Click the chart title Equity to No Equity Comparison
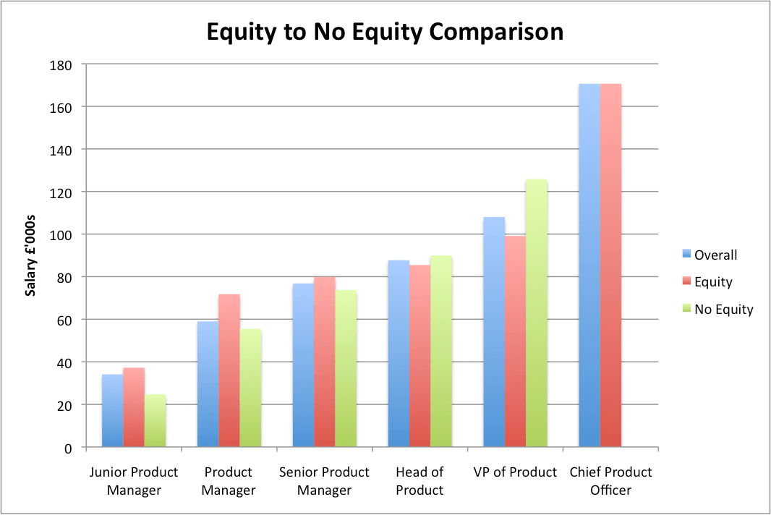[385, 32]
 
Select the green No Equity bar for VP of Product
[537, 313]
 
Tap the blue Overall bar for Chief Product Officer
[589, 265]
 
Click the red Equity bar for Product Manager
[229, 370]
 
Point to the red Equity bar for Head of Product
[420, 356]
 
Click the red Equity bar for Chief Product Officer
[610, 265]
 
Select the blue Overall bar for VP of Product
[494, 332]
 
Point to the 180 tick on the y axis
[63, 64]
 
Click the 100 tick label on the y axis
[63, 234]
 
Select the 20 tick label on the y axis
[66, 405]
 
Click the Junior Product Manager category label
[134, 481]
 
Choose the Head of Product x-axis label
[419, 481]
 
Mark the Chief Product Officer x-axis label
[610, 481]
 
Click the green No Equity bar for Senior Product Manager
[346, 369]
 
